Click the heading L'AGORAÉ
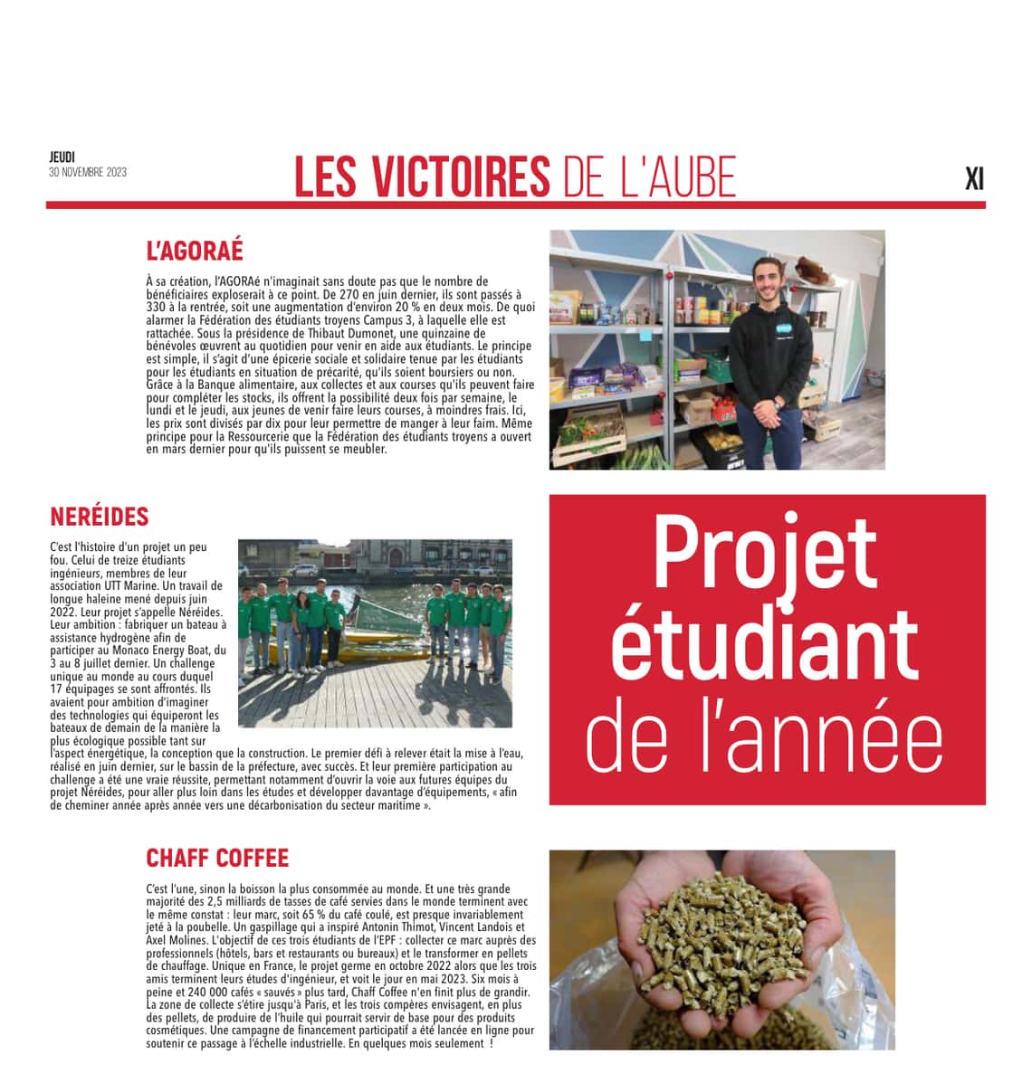(195, 251)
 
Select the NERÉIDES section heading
(100, 517)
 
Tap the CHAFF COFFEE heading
(217, 858)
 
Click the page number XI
(974, 179)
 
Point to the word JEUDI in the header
(62, 157)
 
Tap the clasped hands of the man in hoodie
(769, 419)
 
